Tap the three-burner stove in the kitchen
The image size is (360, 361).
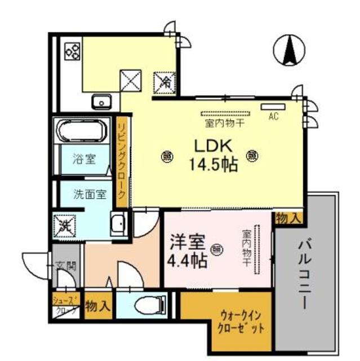73,52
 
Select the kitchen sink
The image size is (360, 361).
102,102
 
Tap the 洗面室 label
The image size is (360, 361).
89,195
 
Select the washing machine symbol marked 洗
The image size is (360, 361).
65,226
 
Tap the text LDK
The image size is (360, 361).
212,146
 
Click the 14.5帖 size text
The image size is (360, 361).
212,165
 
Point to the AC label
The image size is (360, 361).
274,117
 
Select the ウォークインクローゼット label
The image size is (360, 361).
238,322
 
